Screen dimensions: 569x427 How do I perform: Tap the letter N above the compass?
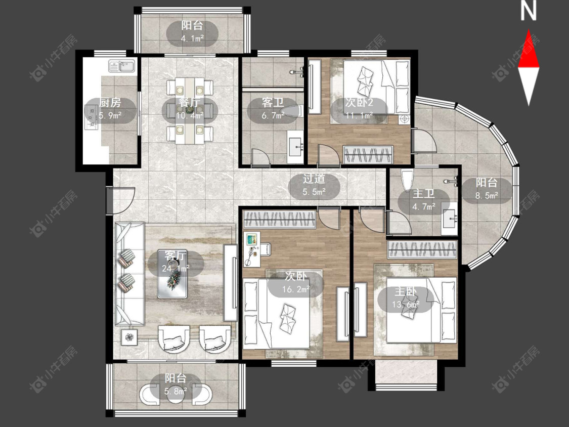click(529, 11)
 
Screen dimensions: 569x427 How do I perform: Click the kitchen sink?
click(122, 66)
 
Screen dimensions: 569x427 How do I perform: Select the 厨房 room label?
click(110, 103)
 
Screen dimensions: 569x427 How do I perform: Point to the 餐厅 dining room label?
click(190, 102)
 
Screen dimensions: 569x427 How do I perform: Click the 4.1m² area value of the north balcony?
click(192, 38)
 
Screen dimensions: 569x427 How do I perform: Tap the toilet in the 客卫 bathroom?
click(293, 111)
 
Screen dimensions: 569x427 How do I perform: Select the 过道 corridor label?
click(314, 179)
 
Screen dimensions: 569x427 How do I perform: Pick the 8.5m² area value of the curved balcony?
click(487, 196)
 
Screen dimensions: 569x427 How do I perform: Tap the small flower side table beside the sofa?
click(129, 337)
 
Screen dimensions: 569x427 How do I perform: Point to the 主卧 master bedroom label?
click(406, 292)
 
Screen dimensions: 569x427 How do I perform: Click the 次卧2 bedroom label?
click(359, 103)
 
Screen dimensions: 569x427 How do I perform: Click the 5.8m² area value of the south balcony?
click(176, 392)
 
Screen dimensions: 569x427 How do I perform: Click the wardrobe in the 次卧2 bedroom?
click(368, 154)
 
